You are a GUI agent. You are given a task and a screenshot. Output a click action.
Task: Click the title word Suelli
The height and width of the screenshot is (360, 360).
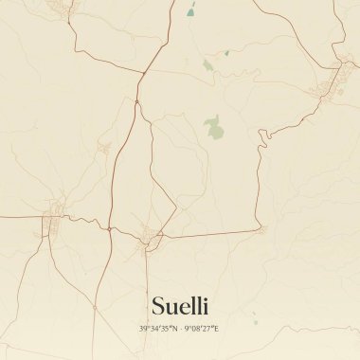[179, 305]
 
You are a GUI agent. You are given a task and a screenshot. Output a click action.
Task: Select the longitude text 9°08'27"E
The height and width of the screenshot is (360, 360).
[202, 329]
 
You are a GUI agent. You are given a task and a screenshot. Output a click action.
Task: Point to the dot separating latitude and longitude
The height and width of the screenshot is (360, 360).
[180, 329]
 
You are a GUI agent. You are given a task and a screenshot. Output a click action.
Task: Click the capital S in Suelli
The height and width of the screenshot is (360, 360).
[157, 305]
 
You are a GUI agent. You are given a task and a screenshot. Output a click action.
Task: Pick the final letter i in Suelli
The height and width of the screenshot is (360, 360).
[206, 305]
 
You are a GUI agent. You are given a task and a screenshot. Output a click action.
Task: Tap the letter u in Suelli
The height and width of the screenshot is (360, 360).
[171, 307]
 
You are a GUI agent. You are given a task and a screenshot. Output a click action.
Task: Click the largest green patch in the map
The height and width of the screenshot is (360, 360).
[215, 127]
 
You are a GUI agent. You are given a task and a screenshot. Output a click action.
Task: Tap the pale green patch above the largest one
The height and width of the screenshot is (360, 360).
[207, 65]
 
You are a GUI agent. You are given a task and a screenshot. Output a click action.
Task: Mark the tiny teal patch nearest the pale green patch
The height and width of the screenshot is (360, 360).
[226, 53]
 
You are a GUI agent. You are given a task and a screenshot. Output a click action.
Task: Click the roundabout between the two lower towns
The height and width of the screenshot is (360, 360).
[109, 228]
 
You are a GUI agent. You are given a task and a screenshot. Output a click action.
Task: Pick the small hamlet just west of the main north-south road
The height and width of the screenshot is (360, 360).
[105, 149]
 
